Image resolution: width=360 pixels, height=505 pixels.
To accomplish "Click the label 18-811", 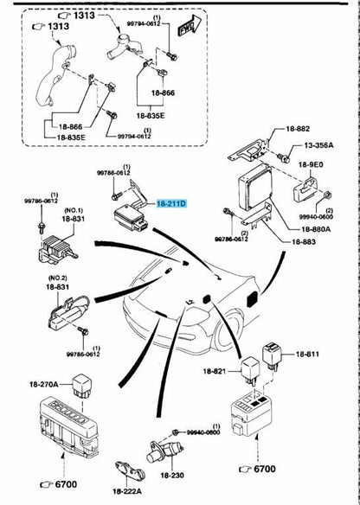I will tap(308, 355).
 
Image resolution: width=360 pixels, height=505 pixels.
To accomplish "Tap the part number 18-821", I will tap(215, 371).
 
